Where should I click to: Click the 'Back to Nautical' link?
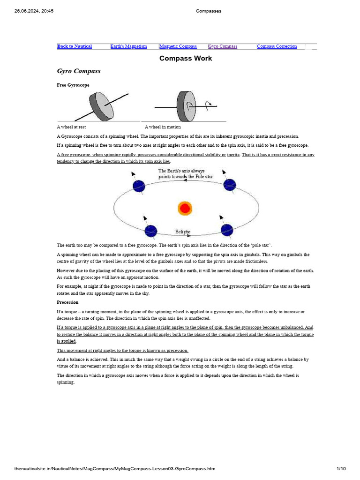click(x=75, y=46)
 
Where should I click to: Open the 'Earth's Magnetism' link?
click(x=128, y=46)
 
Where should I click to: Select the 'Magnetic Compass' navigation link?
click(x=178, y=46)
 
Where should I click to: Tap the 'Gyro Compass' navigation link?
click(x=223, y=46)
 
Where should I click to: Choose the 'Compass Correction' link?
click(x=277, y=46)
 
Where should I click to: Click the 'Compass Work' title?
click(x=186, y=58)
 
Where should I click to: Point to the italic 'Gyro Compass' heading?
click(x=78, y=71)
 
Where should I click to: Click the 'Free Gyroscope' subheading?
click(x=73, y=85)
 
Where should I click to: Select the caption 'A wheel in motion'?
click(x=163, y=127)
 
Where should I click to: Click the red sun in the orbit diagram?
click(x=185, y=208)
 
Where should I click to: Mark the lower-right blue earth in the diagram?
click(x=227, y=230)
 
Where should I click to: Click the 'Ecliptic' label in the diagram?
click(x=183, y=232)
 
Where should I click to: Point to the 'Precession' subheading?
click(x=67, y=302)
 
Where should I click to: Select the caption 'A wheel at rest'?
click(x=71, y=127)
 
